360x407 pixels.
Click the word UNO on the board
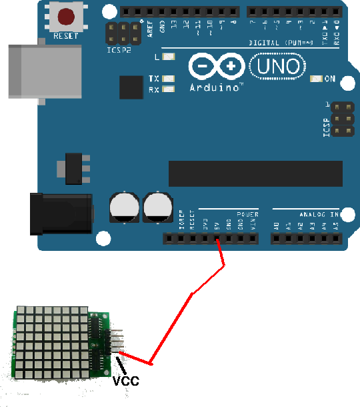278,65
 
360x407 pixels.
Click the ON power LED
317,79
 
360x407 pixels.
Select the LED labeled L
168,57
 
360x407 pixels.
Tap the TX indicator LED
168,78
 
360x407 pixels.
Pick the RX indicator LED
168,89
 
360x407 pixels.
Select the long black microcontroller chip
255,173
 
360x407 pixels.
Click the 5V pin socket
217,238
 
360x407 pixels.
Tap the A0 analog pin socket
276,238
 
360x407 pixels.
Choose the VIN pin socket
253,238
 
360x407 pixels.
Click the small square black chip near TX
131,87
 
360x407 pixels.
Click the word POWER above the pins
247,215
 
